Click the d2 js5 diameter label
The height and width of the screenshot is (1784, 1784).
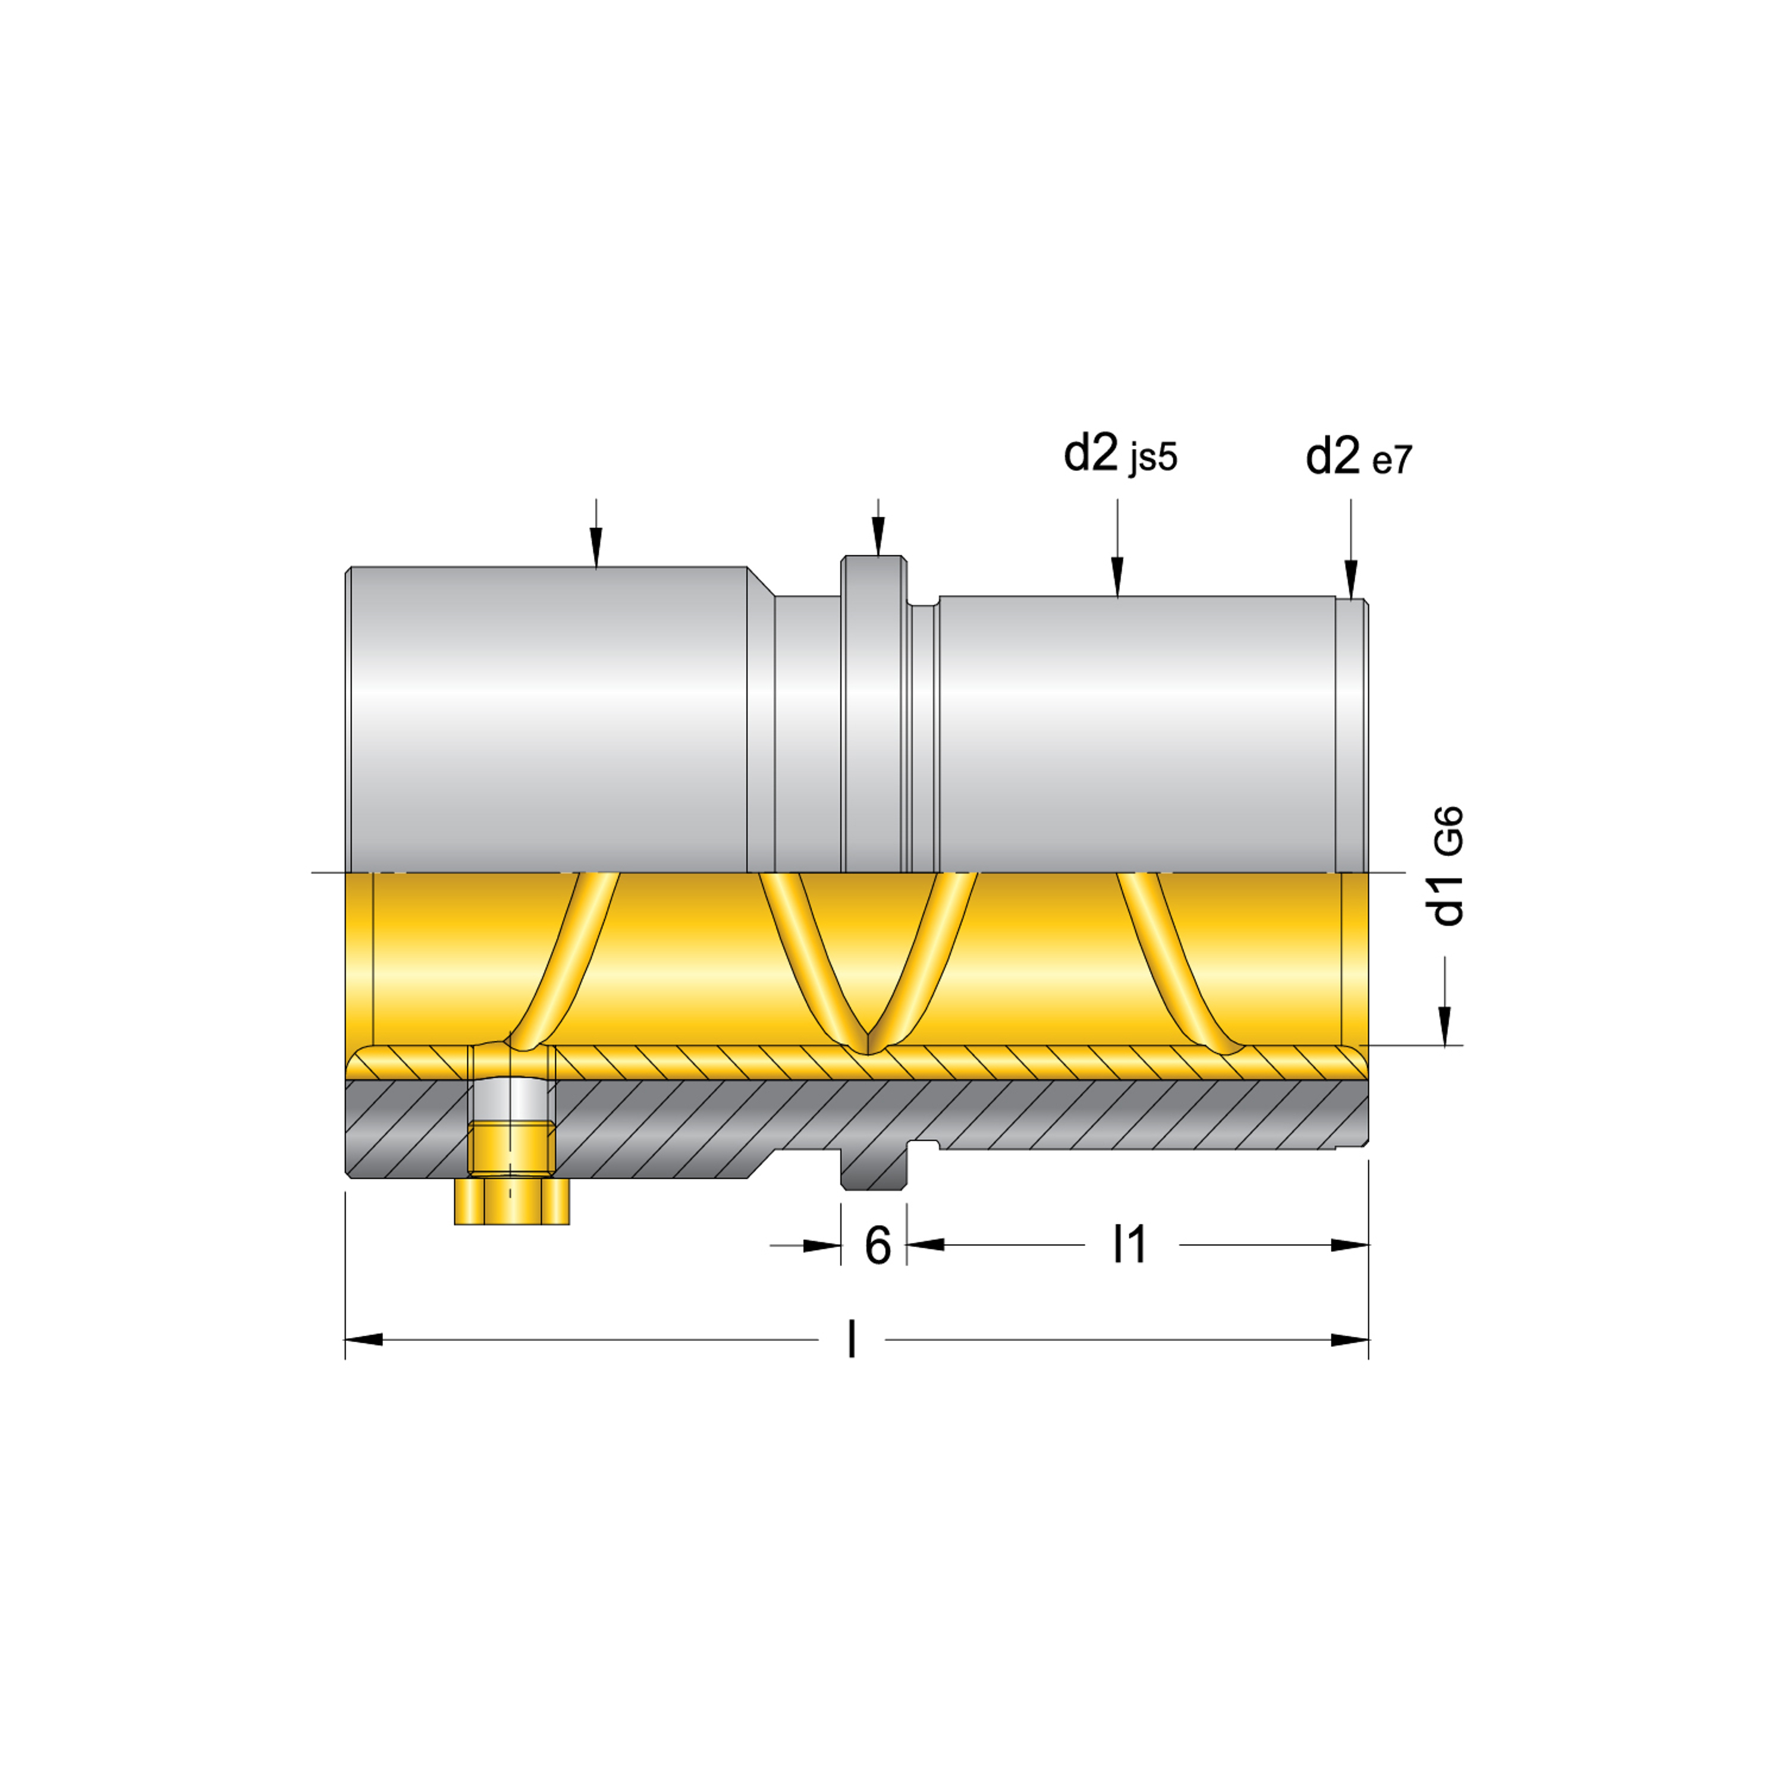coord(1120,454)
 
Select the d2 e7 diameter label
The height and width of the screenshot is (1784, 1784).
coord(1358,456)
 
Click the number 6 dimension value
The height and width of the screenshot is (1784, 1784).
coord(877,1246)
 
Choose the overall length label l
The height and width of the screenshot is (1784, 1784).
coord(852,1340)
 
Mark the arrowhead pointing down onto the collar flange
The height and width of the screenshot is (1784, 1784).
coord(878,536)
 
